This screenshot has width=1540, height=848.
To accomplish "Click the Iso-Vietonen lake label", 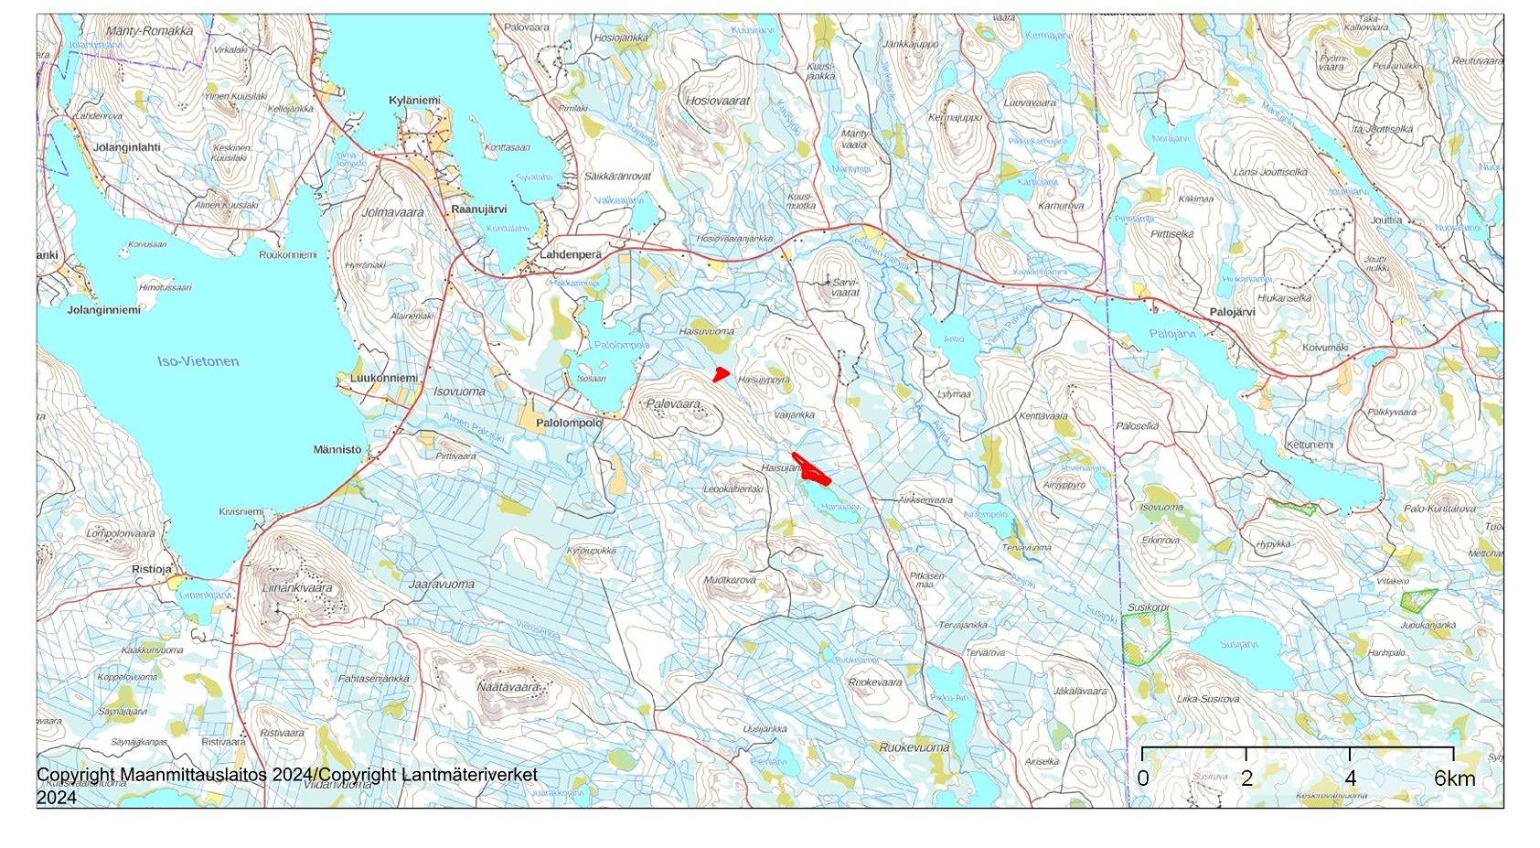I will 198,361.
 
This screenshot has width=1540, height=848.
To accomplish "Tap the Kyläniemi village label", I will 414,101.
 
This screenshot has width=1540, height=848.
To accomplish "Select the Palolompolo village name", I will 569,424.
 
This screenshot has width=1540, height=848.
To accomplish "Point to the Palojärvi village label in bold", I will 1232,312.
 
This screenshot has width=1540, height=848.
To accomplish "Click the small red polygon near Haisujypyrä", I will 721,373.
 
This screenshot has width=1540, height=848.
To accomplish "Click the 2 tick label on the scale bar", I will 1246,778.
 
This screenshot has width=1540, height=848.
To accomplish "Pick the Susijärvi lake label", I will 1238,644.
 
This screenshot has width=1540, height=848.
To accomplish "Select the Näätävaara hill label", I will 508,686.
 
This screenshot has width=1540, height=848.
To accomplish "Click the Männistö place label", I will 337,450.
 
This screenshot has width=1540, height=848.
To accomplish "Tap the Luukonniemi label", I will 384,378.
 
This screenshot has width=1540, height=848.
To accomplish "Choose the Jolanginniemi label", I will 104,310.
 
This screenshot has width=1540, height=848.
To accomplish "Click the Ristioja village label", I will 152,569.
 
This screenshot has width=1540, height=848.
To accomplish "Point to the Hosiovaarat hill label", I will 718,101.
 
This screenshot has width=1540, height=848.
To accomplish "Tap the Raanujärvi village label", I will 479,209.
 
